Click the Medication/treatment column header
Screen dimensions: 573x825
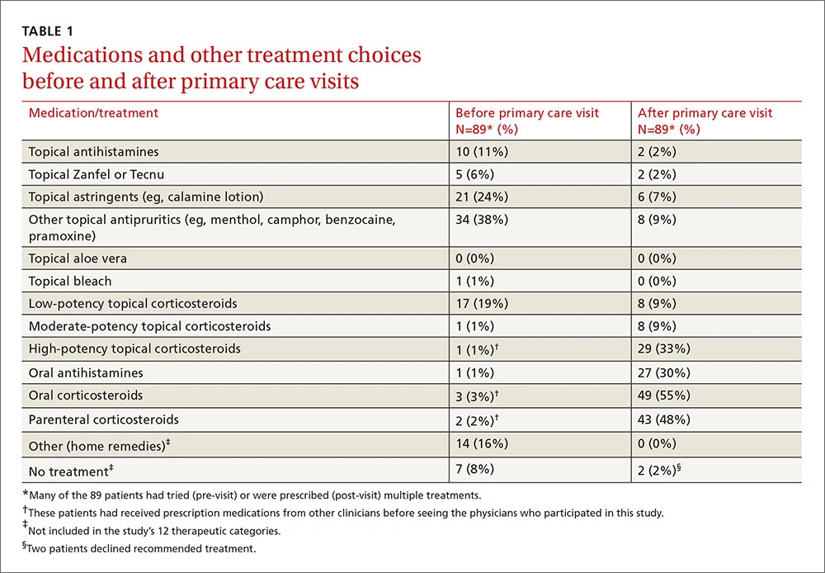pyautogui.click(x=93, y=113)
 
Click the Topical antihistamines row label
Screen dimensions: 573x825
pyautogui.click(x=93, y=152)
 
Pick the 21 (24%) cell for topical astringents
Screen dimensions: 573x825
pyautogui.click(x=483, y=197)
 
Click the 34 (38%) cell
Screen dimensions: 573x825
pyautogui.click(x=483, y=220)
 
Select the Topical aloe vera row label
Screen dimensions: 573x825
pyautogui.click(x=78, y=258)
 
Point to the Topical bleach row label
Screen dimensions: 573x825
pyautogui.click(x=70, y=281)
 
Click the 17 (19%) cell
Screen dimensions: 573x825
pyautogui.click(x=483, y=303)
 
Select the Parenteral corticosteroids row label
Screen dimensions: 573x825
pyautogui.click(x=103, y=419)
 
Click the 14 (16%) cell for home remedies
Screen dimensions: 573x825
pyautogui.click(x=483, y=444)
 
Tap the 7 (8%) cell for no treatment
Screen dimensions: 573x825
pyautogui.click(x=475, y=469)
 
